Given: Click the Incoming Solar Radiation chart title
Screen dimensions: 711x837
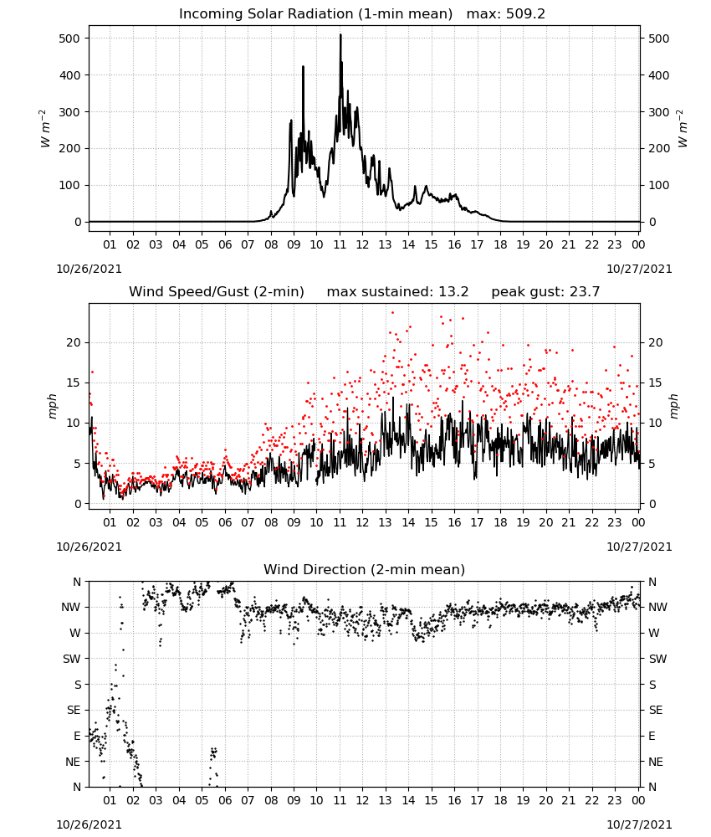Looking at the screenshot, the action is (x=315, y=14).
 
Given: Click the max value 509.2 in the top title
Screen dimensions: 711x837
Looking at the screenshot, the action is (x=525, y=14).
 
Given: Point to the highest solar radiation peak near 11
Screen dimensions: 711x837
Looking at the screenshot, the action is (x=340, y=35).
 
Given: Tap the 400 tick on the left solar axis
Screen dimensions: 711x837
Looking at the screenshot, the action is (x=70, y=75).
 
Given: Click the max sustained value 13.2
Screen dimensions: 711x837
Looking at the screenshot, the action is (x=453, y=292).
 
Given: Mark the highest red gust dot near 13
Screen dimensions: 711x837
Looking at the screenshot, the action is (x=392, y=313).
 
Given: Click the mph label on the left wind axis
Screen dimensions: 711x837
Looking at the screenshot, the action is (x=52, y=406).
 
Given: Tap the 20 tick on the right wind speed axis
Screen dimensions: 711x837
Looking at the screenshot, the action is (x=655, y=342).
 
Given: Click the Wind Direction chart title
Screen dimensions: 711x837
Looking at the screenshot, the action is (x=365, y=569).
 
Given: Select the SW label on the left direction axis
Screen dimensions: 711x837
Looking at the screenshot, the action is (x=71, y=659).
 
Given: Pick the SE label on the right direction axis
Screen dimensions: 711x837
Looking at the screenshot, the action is (x=656, y=710).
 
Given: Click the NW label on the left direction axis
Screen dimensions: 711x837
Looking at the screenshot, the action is (x=70, y=607).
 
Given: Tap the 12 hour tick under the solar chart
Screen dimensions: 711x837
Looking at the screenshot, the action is (x=362, y=244).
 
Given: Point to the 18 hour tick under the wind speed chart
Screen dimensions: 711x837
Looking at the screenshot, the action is (x=500, y=522).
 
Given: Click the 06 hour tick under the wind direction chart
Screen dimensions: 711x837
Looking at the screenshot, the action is (x=225, y=800).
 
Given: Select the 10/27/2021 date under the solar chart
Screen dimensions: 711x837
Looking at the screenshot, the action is (x=639, y=269).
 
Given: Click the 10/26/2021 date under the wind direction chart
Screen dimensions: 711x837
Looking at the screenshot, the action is (x=89, y=824).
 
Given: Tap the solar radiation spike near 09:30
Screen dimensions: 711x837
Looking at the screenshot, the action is (x=303, y=67).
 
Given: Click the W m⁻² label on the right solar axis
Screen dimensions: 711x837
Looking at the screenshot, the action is (x=683, y=129).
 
